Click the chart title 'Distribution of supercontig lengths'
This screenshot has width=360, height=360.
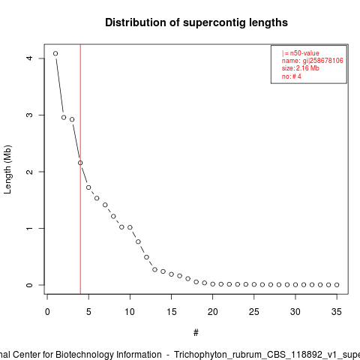196,22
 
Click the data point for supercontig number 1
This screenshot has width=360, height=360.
55,53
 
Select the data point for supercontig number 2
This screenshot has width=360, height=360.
64,118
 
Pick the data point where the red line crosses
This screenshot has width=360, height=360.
80,163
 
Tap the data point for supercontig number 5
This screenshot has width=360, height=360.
88,187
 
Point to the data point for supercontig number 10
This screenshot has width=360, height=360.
130,227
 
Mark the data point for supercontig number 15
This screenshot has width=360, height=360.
171,274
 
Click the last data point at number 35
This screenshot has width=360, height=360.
337,285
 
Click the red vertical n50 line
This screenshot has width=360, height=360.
80,169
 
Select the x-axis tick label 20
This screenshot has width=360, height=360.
213,312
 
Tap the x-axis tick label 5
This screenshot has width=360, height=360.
88,312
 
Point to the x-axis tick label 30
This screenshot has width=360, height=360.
295,312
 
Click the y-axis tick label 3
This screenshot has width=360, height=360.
29,115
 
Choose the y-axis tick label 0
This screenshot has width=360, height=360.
29,285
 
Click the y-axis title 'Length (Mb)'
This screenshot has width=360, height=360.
7,169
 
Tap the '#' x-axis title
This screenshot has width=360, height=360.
196,333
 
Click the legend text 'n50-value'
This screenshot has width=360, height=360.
304,53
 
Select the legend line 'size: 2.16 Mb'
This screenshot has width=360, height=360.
301,68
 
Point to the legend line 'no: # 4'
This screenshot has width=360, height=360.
292,76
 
